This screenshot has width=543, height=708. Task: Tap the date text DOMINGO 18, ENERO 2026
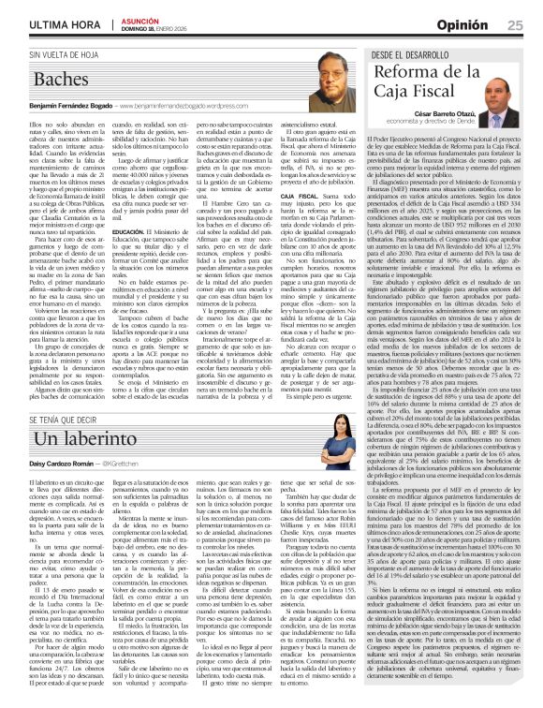(x=151, y=27)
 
